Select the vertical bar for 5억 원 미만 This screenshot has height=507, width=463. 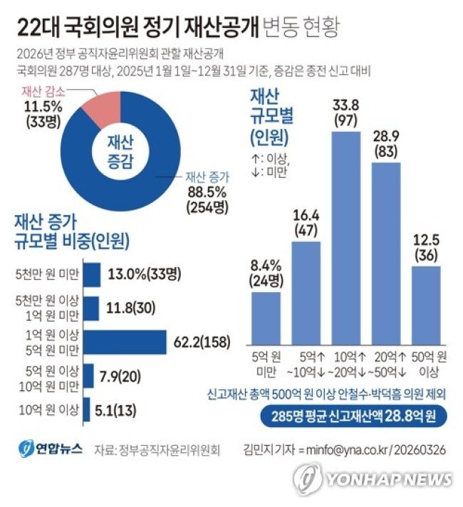tap(265, 317)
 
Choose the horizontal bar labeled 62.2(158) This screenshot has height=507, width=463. tap(125, 342)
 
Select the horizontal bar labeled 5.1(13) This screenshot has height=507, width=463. tap(86, 409)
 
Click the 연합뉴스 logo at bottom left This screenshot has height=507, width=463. tap(51, 449)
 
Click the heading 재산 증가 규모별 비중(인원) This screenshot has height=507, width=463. tap(71, 232)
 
